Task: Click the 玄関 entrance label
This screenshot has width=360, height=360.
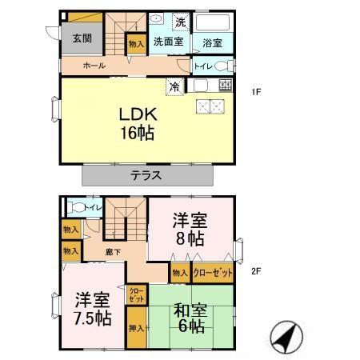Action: pos(82,38)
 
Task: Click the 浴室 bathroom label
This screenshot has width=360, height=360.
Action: pos(211,43)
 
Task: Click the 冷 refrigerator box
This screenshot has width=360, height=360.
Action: pos(174,85)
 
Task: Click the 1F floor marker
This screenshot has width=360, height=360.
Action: pos(257,91)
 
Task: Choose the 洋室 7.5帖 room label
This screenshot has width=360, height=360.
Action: pos(92,309)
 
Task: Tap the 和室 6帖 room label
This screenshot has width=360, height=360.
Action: pos(190,317)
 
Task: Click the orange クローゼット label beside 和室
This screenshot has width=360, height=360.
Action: pos(213,274)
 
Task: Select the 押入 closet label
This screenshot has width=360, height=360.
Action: pos(136,328)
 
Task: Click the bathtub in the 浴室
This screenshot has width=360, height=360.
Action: pos(212,22)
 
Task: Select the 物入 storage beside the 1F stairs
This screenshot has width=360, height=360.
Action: pos(136,44)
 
